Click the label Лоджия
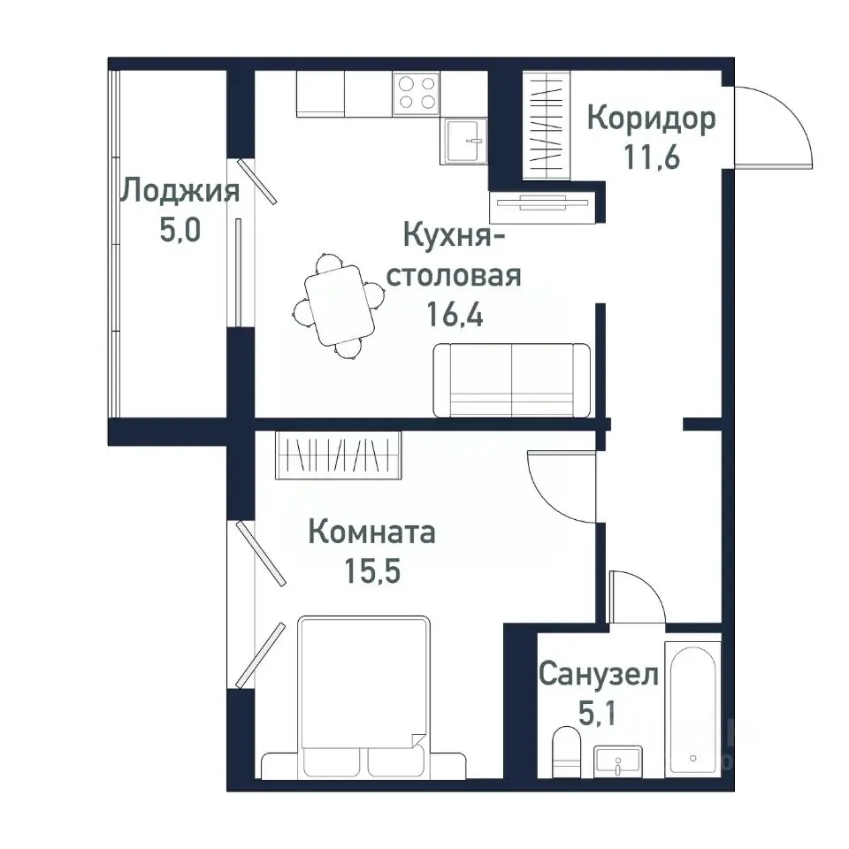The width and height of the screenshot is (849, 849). tap(180, 191)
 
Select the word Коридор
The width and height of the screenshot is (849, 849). tap(651, 119)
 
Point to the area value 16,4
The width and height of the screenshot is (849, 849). tap(455, 315)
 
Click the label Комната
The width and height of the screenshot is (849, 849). tap(371, 532)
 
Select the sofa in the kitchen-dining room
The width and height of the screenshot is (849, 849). tap(512, 380)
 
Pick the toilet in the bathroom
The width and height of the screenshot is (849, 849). tap(563, 753)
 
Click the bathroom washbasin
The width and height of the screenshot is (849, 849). tap(618, 761)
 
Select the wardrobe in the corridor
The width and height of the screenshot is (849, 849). tap(549, 124)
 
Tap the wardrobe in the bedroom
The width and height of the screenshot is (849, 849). tap(339, 455)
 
